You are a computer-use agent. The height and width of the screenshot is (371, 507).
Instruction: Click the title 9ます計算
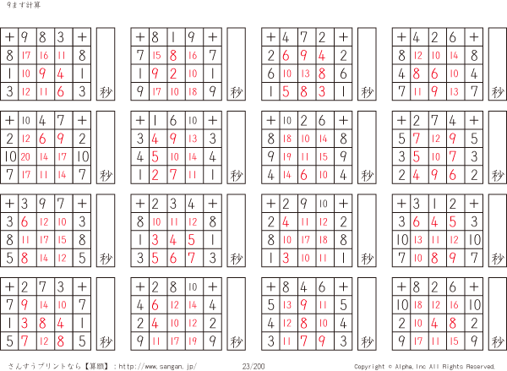tap(24, 5)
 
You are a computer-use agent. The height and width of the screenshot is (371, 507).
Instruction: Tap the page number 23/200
tap(253, 366)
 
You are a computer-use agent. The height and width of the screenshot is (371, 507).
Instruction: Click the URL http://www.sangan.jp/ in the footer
tap(157, 367)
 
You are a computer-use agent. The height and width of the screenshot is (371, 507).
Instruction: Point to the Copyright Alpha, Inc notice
tap(424, 367)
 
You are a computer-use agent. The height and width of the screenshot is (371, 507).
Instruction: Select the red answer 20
tap(25, 157)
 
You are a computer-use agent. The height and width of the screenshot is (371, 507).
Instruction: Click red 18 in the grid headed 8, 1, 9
tap(193, 91)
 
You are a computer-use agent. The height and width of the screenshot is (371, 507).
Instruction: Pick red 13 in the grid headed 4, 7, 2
tap(305, 74)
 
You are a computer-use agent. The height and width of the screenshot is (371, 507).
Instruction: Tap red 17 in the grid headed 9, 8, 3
tap(26, 55)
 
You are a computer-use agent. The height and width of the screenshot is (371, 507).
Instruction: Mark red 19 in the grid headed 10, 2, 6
tap(286, 157)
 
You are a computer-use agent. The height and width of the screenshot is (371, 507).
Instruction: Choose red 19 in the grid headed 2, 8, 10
tap(193, 341)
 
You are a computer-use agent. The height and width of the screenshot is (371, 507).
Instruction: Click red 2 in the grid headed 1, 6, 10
tap(155, 175)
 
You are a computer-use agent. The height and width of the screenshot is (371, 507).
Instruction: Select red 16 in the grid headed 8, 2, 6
tap(454, 305)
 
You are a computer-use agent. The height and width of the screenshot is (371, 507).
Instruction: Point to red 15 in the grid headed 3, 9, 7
tap(62, 240)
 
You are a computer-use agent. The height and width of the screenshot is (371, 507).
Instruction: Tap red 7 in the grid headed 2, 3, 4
tap(192, 258)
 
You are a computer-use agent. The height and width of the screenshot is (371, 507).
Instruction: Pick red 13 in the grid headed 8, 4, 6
tap(286, 305)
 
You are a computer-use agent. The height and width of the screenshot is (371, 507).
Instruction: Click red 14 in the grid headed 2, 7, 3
tap(44, 305)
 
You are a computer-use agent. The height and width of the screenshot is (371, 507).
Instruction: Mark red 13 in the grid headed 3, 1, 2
tap(417, 240)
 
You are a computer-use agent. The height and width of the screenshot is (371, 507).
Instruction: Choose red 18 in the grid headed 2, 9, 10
tap(324, 240)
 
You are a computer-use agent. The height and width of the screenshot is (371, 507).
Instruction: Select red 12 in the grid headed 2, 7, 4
tap(436, 139)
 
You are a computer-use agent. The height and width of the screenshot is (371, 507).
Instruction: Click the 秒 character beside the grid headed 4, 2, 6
tap(498, 92)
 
